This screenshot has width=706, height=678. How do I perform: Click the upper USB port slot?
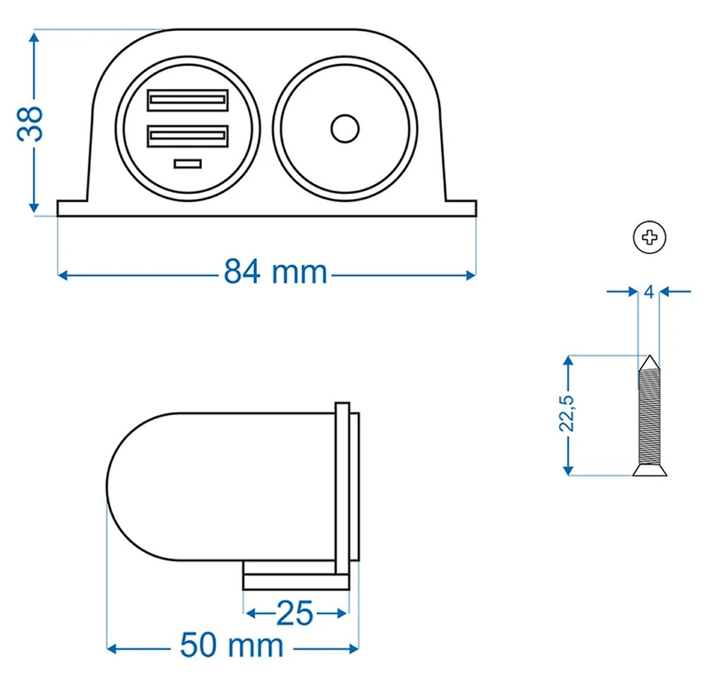[188, 100]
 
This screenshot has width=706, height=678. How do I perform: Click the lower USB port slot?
[188, 135]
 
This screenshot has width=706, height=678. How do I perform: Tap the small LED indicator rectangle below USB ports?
[188, 164]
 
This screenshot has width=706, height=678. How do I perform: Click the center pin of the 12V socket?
[345, 128]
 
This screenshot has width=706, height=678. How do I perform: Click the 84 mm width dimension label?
[275, 272]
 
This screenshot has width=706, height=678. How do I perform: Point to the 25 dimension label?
[295, 613]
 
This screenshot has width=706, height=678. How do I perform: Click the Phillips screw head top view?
[650, 238]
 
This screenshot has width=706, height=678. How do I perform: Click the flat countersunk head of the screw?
[649, 470]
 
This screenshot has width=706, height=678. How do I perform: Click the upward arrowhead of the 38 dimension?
[33, 38]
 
